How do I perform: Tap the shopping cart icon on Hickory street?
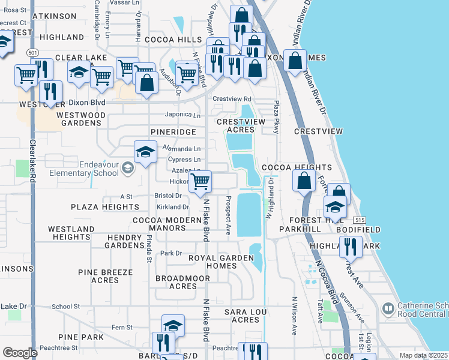201,181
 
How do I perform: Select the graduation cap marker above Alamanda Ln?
145,152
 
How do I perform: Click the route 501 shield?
32,53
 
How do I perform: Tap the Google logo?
20,353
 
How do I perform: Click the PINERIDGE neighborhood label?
173,131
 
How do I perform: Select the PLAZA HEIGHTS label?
105,207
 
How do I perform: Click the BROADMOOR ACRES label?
175,282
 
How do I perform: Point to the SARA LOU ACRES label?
242,316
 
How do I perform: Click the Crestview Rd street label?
232,99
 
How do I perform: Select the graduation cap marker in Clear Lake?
79,73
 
